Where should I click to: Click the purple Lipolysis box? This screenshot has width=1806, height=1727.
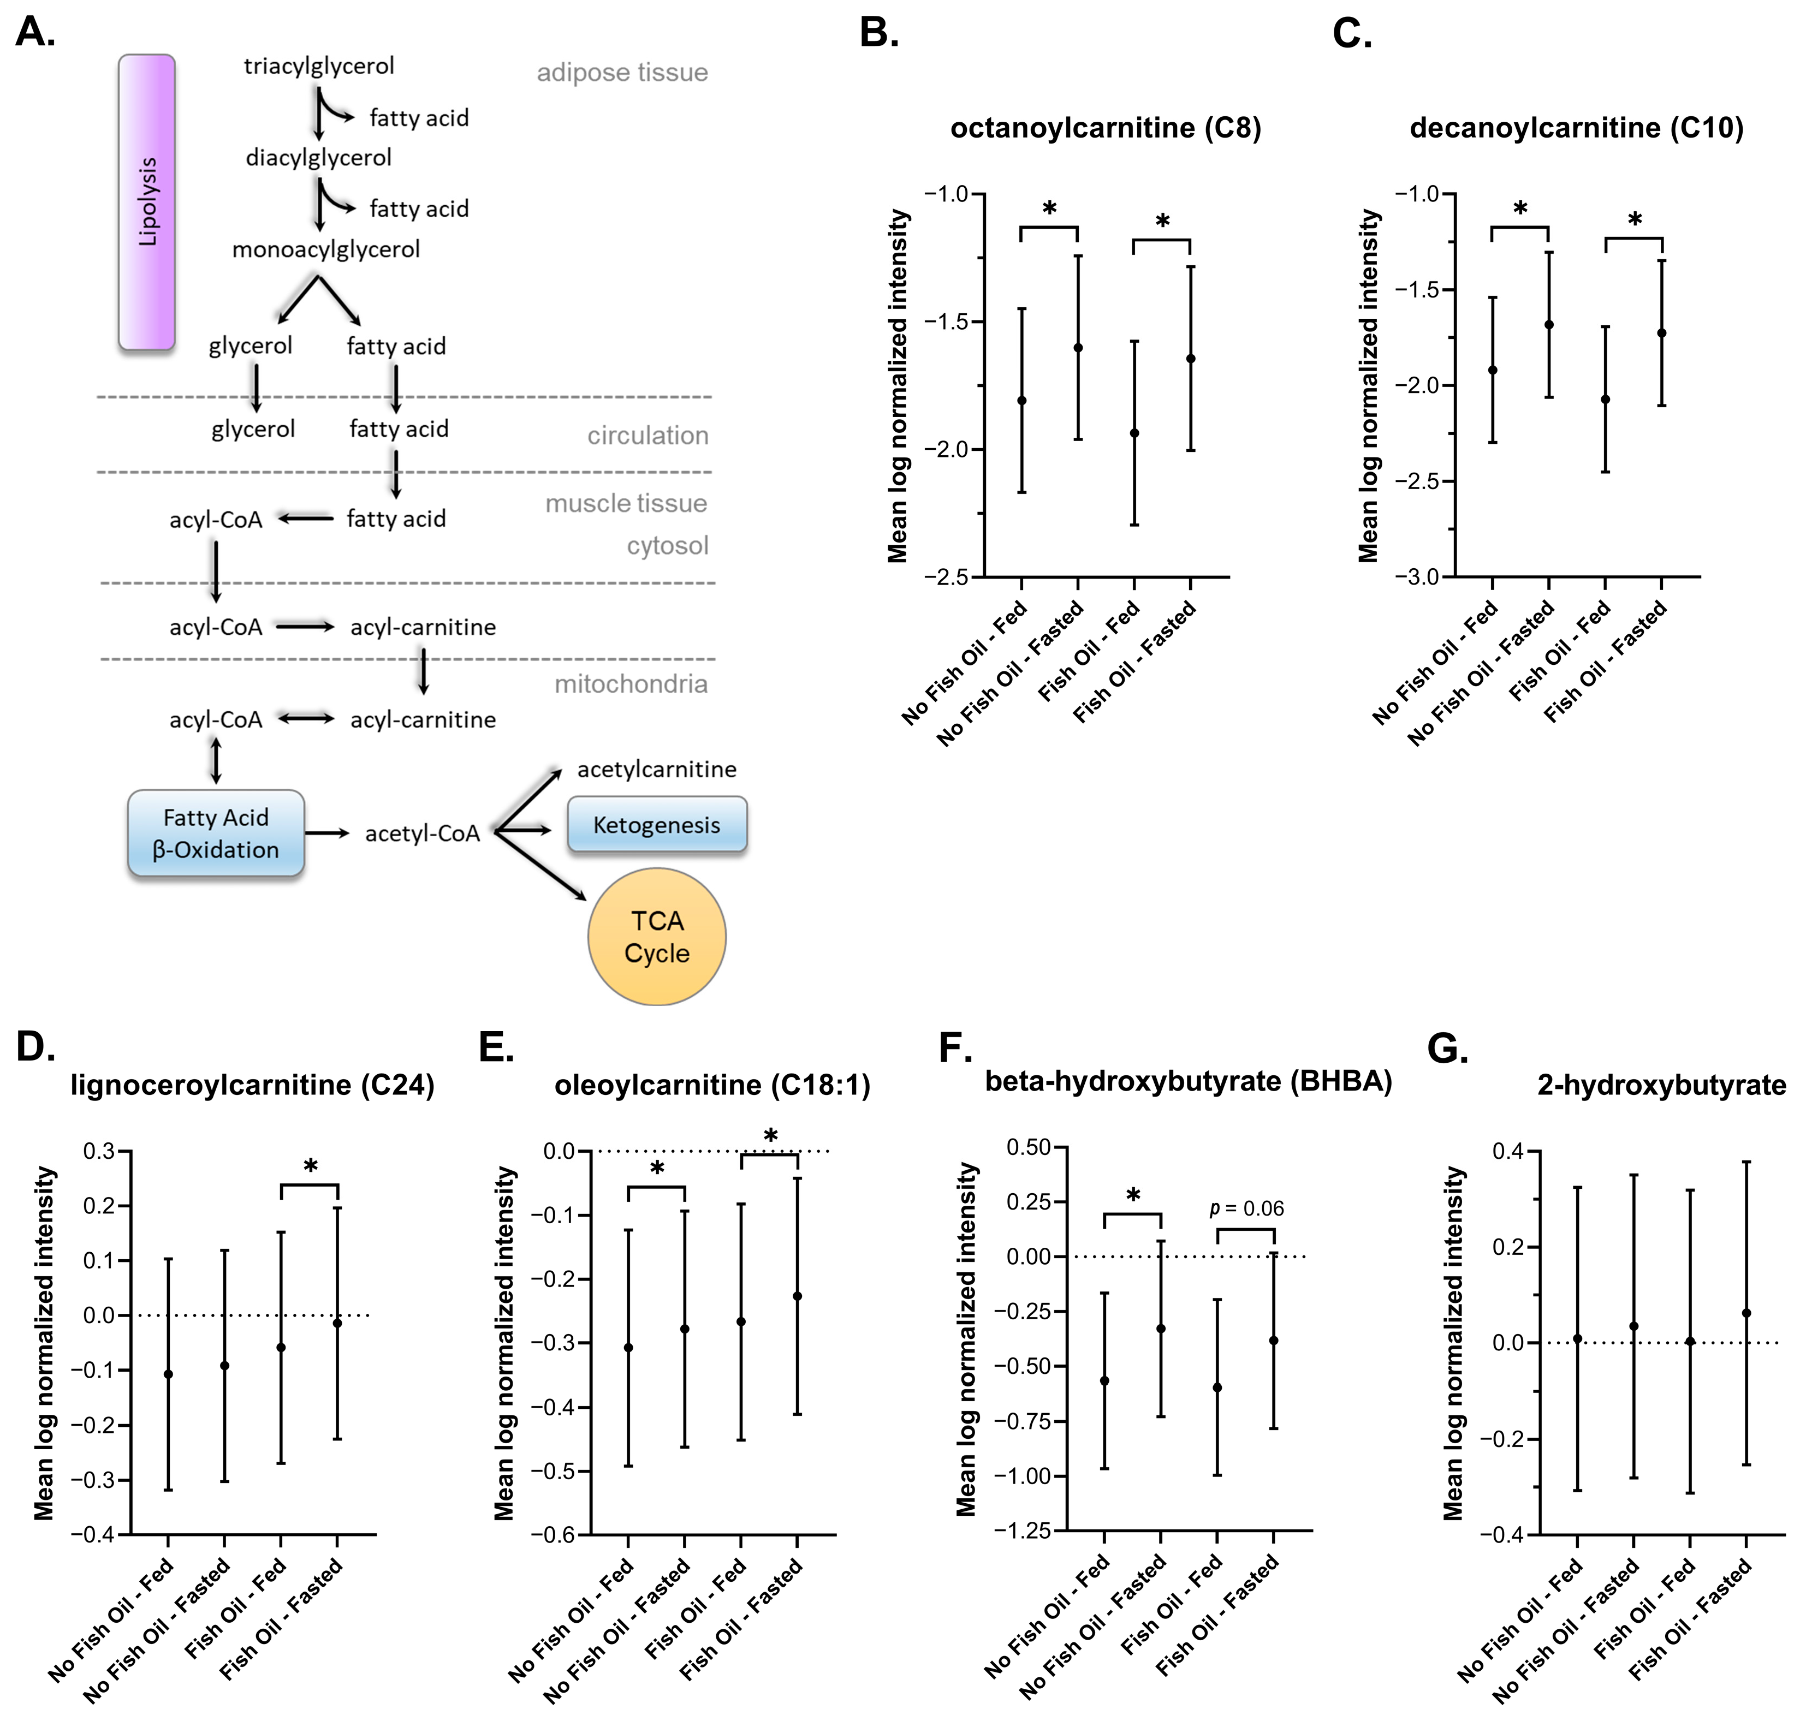tap(146, 201)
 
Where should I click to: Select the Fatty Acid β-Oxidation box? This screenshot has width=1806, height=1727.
tap(216, 833)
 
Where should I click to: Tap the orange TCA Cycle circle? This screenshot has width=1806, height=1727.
tap(657, 936)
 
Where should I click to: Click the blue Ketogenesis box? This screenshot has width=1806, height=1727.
tap(657, 825)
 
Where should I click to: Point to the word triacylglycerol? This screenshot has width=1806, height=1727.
tap(319, 66)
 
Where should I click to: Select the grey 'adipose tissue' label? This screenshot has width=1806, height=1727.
tap(622, 73)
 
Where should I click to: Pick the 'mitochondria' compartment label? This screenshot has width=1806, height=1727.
tap(631, 684)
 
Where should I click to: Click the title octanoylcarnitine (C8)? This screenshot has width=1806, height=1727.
tap(1105, 128)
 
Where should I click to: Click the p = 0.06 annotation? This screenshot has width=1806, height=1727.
tap(1246, 1208)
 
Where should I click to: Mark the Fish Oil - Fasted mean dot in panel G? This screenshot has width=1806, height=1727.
tap(1746, 1313)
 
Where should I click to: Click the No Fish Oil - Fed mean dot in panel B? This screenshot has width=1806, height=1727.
tap(1021, 401)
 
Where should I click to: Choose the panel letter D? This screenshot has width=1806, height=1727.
tap(35, 1047)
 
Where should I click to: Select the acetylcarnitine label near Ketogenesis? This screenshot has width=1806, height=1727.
tap(657, 770)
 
